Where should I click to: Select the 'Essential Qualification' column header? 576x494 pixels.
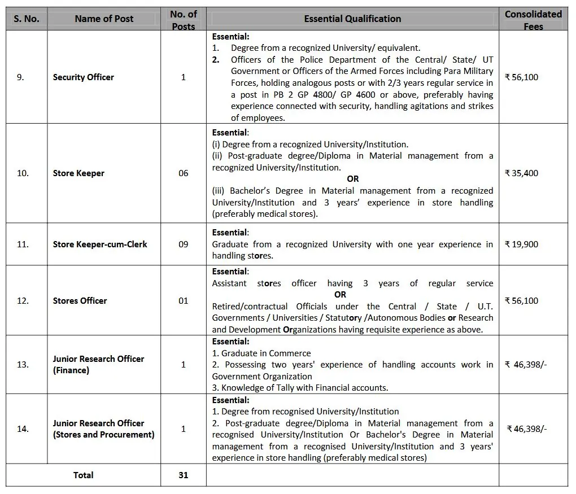pos(352,19)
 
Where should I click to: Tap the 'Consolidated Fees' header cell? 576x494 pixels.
pos(533,20)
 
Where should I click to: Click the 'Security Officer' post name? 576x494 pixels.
pos(84,77)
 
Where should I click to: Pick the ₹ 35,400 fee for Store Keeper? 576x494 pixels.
pos(521,173)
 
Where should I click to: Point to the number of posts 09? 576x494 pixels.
pos(184,244)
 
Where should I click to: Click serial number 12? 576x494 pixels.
pos(23,301)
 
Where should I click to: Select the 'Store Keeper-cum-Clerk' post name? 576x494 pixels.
pos(100,244)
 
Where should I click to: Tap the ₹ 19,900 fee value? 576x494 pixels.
pos(521,244)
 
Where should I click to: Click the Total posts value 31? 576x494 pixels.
pos(183,475)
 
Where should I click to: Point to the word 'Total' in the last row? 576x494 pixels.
pos(84,475)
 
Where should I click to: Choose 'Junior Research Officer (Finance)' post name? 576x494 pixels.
pos(98,365)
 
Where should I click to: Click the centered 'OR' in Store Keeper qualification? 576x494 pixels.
pos(352,179)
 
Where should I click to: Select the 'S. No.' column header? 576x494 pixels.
pos(27,19)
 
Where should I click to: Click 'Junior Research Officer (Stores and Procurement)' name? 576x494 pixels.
pos(103,429)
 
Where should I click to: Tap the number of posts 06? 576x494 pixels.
pos(184,173)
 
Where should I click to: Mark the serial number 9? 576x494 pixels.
pos(20,77)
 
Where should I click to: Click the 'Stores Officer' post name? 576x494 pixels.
pos(80,301)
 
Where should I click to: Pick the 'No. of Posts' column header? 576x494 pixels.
pos(184,20)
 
